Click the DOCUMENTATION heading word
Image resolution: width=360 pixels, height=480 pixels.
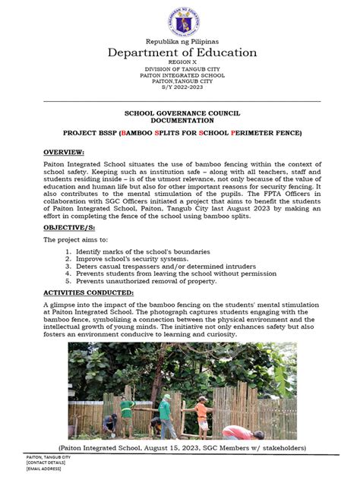pyautogui.click(x=181, y=120)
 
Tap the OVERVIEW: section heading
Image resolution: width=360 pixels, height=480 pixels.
pyautogui.click(x=65, y=152)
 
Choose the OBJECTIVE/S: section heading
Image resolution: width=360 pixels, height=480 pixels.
pyautogui.click(x=70, y=227)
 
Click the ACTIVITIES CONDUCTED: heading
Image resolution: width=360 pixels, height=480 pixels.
pyautogui.click(x=88, y=292)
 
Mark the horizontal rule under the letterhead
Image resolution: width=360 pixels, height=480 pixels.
pyautogui.click(x=181, y=100)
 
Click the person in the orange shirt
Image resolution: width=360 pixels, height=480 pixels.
pyautogui.click(x=201, y=415)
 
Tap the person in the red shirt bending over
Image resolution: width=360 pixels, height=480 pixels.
pyautogui.click(x=240, y=434)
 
